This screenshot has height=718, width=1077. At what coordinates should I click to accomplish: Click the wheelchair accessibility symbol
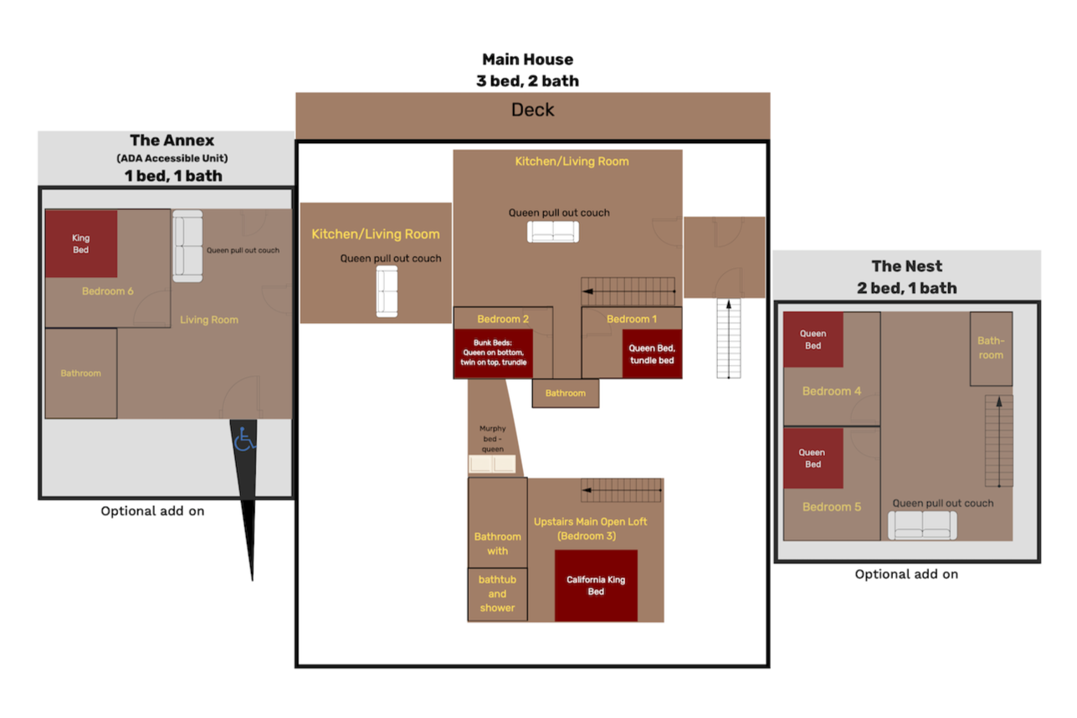244,439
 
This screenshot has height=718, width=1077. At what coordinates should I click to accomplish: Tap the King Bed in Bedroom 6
81,244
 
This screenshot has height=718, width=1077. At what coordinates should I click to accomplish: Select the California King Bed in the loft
596,585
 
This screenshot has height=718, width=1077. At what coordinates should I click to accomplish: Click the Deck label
532,110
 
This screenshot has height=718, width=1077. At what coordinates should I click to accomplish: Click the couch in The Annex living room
187,245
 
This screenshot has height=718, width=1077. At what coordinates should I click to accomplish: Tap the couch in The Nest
922,525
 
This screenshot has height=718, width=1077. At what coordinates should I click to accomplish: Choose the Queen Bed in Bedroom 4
813,340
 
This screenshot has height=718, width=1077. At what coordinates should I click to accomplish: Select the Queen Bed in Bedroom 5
813,459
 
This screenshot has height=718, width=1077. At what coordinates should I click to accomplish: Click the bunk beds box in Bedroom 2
494,352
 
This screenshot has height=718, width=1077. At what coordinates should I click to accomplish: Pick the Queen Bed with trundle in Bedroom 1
652,354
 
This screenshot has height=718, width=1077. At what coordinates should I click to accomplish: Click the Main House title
527,60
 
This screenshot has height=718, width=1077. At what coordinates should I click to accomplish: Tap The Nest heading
906,266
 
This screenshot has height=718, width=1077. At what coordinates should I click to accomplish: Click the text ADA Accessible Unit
172,158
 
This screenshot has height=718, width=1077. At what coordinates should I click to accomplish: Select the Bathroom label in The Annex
80,373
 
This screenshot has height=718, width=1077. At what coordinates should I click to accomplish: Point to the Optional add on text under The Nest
906,574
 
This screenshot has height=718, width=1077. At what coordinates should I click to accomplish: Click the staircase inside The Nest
998,440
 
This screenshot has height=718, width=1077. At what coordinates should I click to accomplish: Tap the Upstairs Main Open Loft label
591,521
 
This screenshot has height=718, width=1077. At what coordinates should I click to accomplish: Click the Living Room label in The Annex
209,320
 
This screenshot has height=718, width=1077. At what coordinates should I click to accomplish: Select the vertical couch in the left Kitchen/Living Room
387,291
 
